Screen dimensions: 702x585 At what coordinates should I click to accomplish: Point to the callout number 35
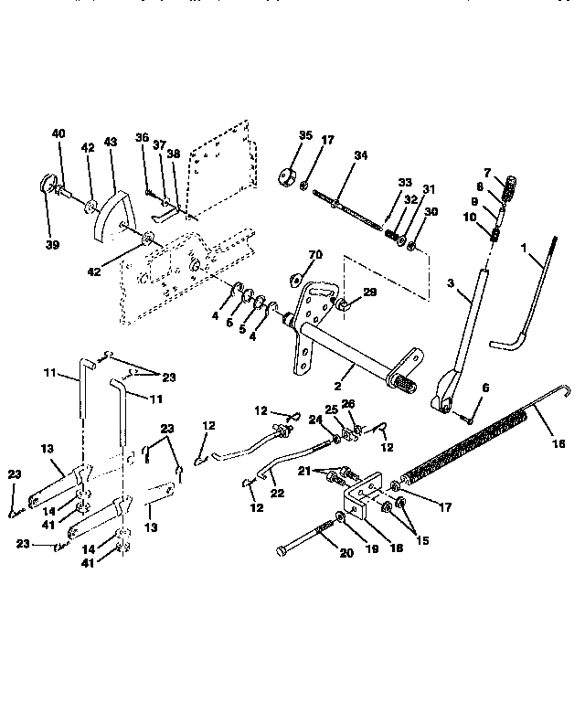tap(305, 135)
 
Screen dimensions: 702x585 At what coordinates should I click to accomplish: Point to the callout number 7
tap(513, 173)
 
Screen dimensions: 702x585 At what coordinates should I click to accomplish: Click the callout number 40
tap(58, 133)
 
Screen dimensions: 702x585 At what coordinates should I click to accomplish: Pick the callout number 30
tap(431, 211)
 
